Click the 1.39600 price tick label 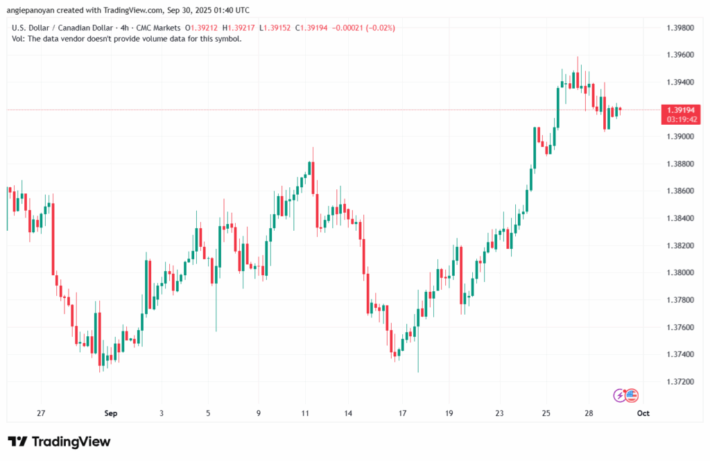679,55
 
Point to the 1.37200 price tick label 679,382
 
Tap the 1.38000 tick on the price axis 679,272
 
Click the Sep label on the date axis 111,413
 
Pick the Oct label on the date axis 643,413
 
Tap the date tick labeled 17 402,413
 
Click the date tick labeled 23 499,413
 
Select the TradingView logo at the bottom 59,442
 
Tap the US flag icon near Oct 631,396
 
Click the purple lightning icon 620,396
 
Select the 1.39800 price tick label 679,28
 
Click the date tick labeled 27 42,413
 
